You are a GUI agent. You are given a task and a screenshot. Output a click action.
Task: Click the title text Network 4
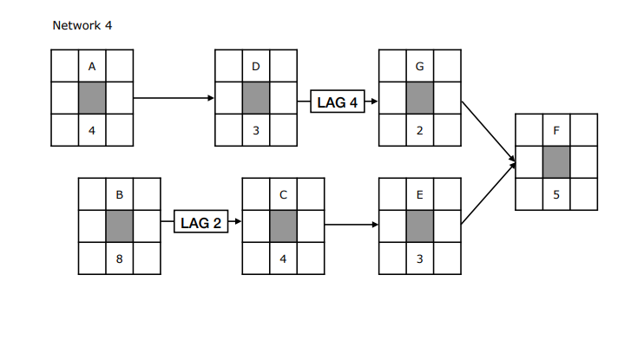click(x=82, y=25)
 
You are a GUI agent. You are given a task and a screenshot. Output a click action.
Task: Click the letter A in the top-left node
click(x=92, y=66)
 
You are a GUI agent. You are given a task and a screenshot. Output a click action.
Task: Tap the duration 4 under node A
click(x=92, y=131)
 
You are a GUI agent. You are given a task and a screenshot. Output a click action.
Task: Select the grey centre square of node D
click(x=256, y=98)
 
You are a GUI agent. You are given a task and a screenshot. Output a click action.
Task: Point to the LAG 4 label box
click(x=337, y=102)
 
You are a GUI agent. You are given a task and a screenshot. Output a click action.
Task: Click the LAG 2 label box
click(x=200, y=223)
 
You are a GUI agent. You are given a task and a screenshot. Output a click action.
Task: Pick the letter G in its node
click(x=420, y=66)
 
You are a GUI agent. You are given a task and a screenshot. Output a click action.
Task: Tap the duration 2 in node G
click(x=420, y=131)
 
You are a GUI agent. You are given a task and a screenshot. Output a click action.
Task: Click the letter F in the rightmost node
click(x=556, y=131)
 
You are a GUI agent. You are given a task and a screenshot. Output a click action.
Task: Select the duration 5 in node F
click(x=556, y=195)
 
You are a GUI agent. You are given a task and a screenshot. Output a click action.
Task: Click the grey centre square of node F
click(x=556, y=162)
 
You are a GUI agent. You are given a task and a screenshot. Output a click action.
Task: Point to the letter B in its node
click(x=120, y=194)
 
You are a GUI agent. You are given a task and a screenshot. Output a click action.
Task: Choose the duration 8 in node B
click(x=120, y=259)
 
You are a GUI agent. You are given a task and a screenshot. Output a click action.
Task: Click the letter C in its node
click(x=284, y=194)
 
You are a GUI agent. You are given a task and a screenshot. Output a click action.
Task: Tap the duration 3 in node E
click(x=420, y=259)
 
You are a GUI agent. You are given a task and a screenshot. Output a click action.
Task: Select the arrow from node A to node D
click(x=174, y=98)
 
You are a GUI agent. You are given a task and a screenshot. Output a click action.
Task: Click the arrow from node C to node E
click(x=352, y=226)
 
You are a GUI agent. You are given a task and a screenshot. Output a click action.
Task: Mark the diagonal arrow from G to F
click(x=488, y=131)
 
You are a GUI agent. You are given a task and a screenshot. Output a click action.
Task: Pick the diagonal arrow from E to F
click(x=488, y=193)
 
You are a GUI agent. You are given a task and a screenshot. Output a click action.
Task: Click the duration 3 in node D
click(x=256, y=131)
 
